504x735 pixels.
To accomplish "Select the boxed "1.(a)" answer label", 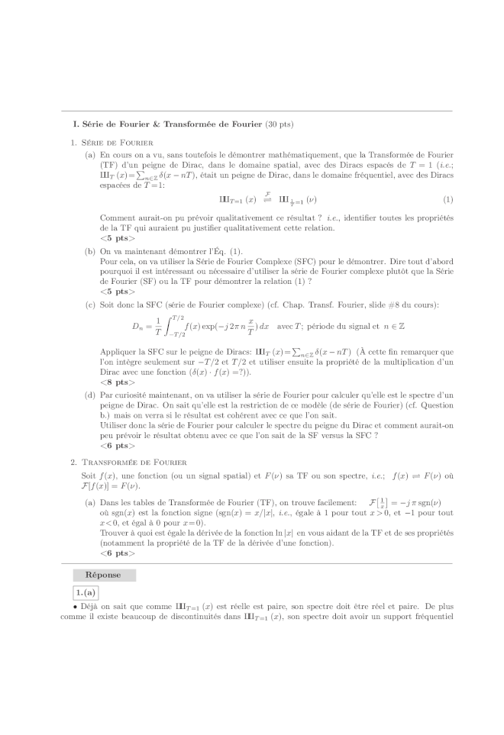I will point(86,592).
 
